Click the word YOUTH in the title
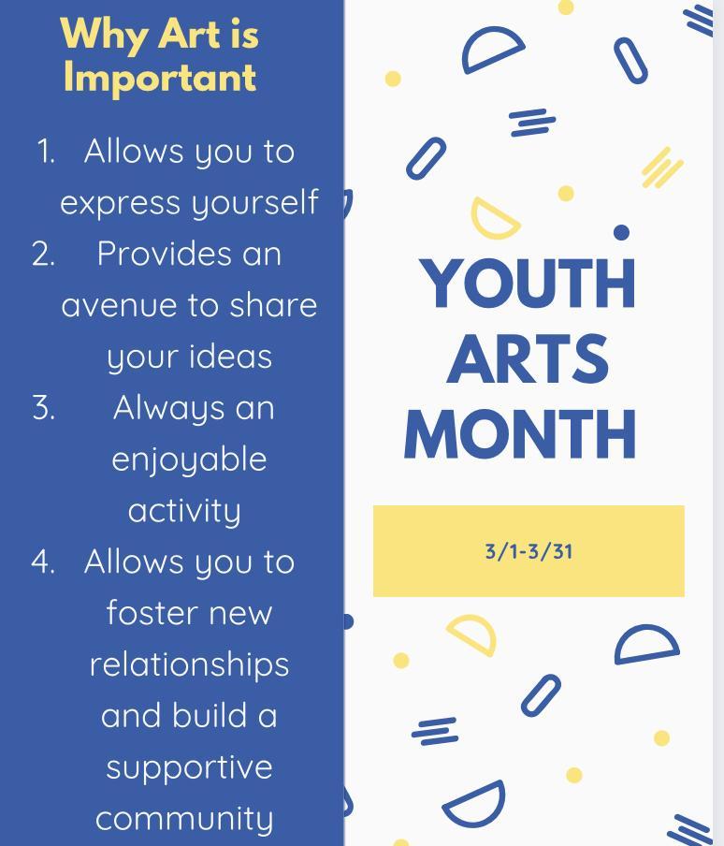tap(528, 283)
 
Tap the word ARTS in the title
tap(528, 358)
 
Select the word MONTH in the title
tap(520, 434)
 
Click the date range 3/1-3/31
tap(529, 551)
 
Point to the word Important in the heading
tap(160, 79)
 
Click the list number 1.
tap(46, 152)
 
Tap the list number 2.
tap(44, 255)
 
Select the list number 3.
tap(44, 408)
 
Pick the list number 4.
tap(43, 562)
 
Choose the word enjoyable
tap(189, 460)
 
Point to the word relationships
tap(189, 664)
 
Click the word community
tap(184, 820)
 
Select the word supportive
tap(189, 768)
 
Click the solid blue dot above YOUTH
tap(621, 232)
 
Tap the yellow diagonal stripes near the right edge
tap(662, 168)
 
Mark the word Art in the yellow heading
tap(188, 34)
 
